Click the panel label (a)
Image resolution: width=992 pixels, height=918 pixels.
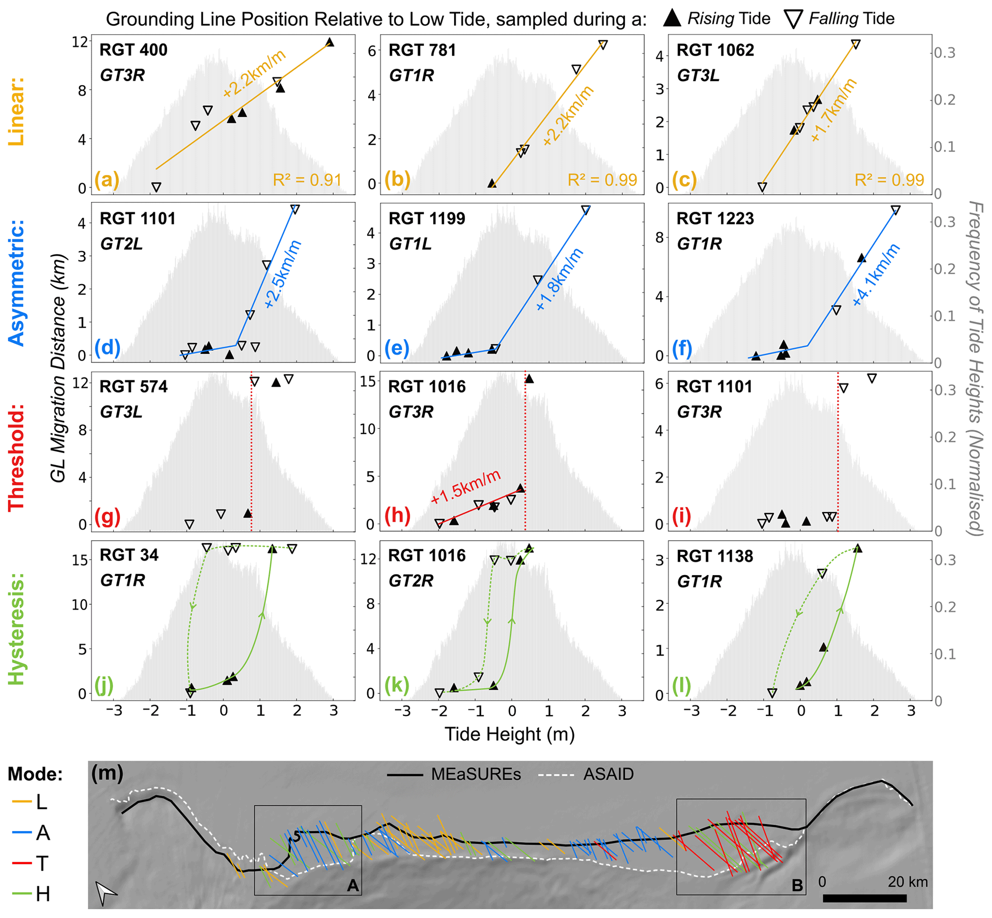pos(107,179)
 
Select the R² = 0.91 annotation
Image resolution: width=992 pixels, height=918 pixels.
pos(307,180)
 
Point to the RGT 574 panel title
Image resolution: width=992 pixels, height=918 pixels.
pos(134,387)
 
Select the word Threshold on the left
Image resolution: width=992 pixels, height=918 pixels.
pos(16,458)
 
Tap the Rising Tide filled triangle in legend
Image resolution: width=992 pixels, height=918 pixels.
pos(672,19)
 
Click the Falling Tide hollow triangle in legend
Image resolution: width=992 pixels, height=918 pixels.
pos(793,19)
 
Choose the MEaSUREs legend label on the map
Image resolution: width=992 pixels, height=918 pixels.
pos(476,775)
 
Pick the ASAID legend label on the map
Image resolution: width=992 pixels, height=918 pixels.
pos(609,775)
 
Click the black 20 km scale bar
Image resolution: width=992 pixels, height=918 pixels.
pos(865,898)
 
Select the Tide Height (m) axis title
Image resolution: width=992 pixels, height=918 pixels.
pos(509,734)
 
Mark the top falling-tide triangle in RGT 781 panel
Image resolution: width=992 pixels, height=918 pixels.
pos(603,45)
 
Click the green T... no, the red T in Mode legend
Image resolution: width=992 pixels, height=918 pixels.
pos(42,864)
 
